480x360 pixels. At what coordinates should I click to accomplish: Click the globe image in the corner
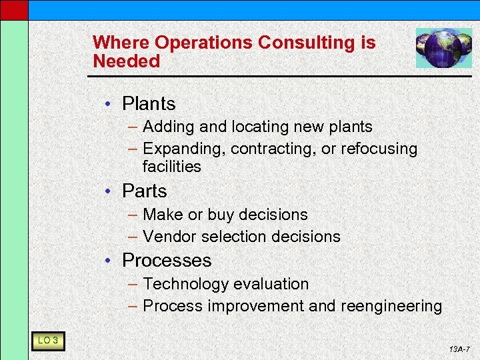(443, 48)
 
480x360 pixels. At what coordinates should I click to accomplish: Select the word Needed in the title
(127, 61)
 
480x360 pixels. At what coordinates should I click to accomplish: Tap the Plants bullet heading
(149, 104)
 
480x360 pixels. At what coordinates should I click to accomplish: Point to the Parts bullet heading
(144, 191)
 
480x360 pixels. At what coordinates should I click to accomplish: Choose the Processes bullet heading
(167, 261)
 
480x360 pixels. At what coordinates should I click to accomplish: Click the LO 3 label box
(47, 341)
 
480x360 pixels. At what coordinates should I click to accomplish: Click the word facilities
(171, 167)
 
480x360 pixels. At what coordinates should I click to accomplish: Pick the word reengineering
(391, 306)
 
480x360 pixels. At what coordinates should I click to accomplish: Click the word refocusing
(379, 149)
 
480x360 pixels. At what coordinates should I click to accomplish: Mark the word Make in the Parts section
(159, 215)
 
